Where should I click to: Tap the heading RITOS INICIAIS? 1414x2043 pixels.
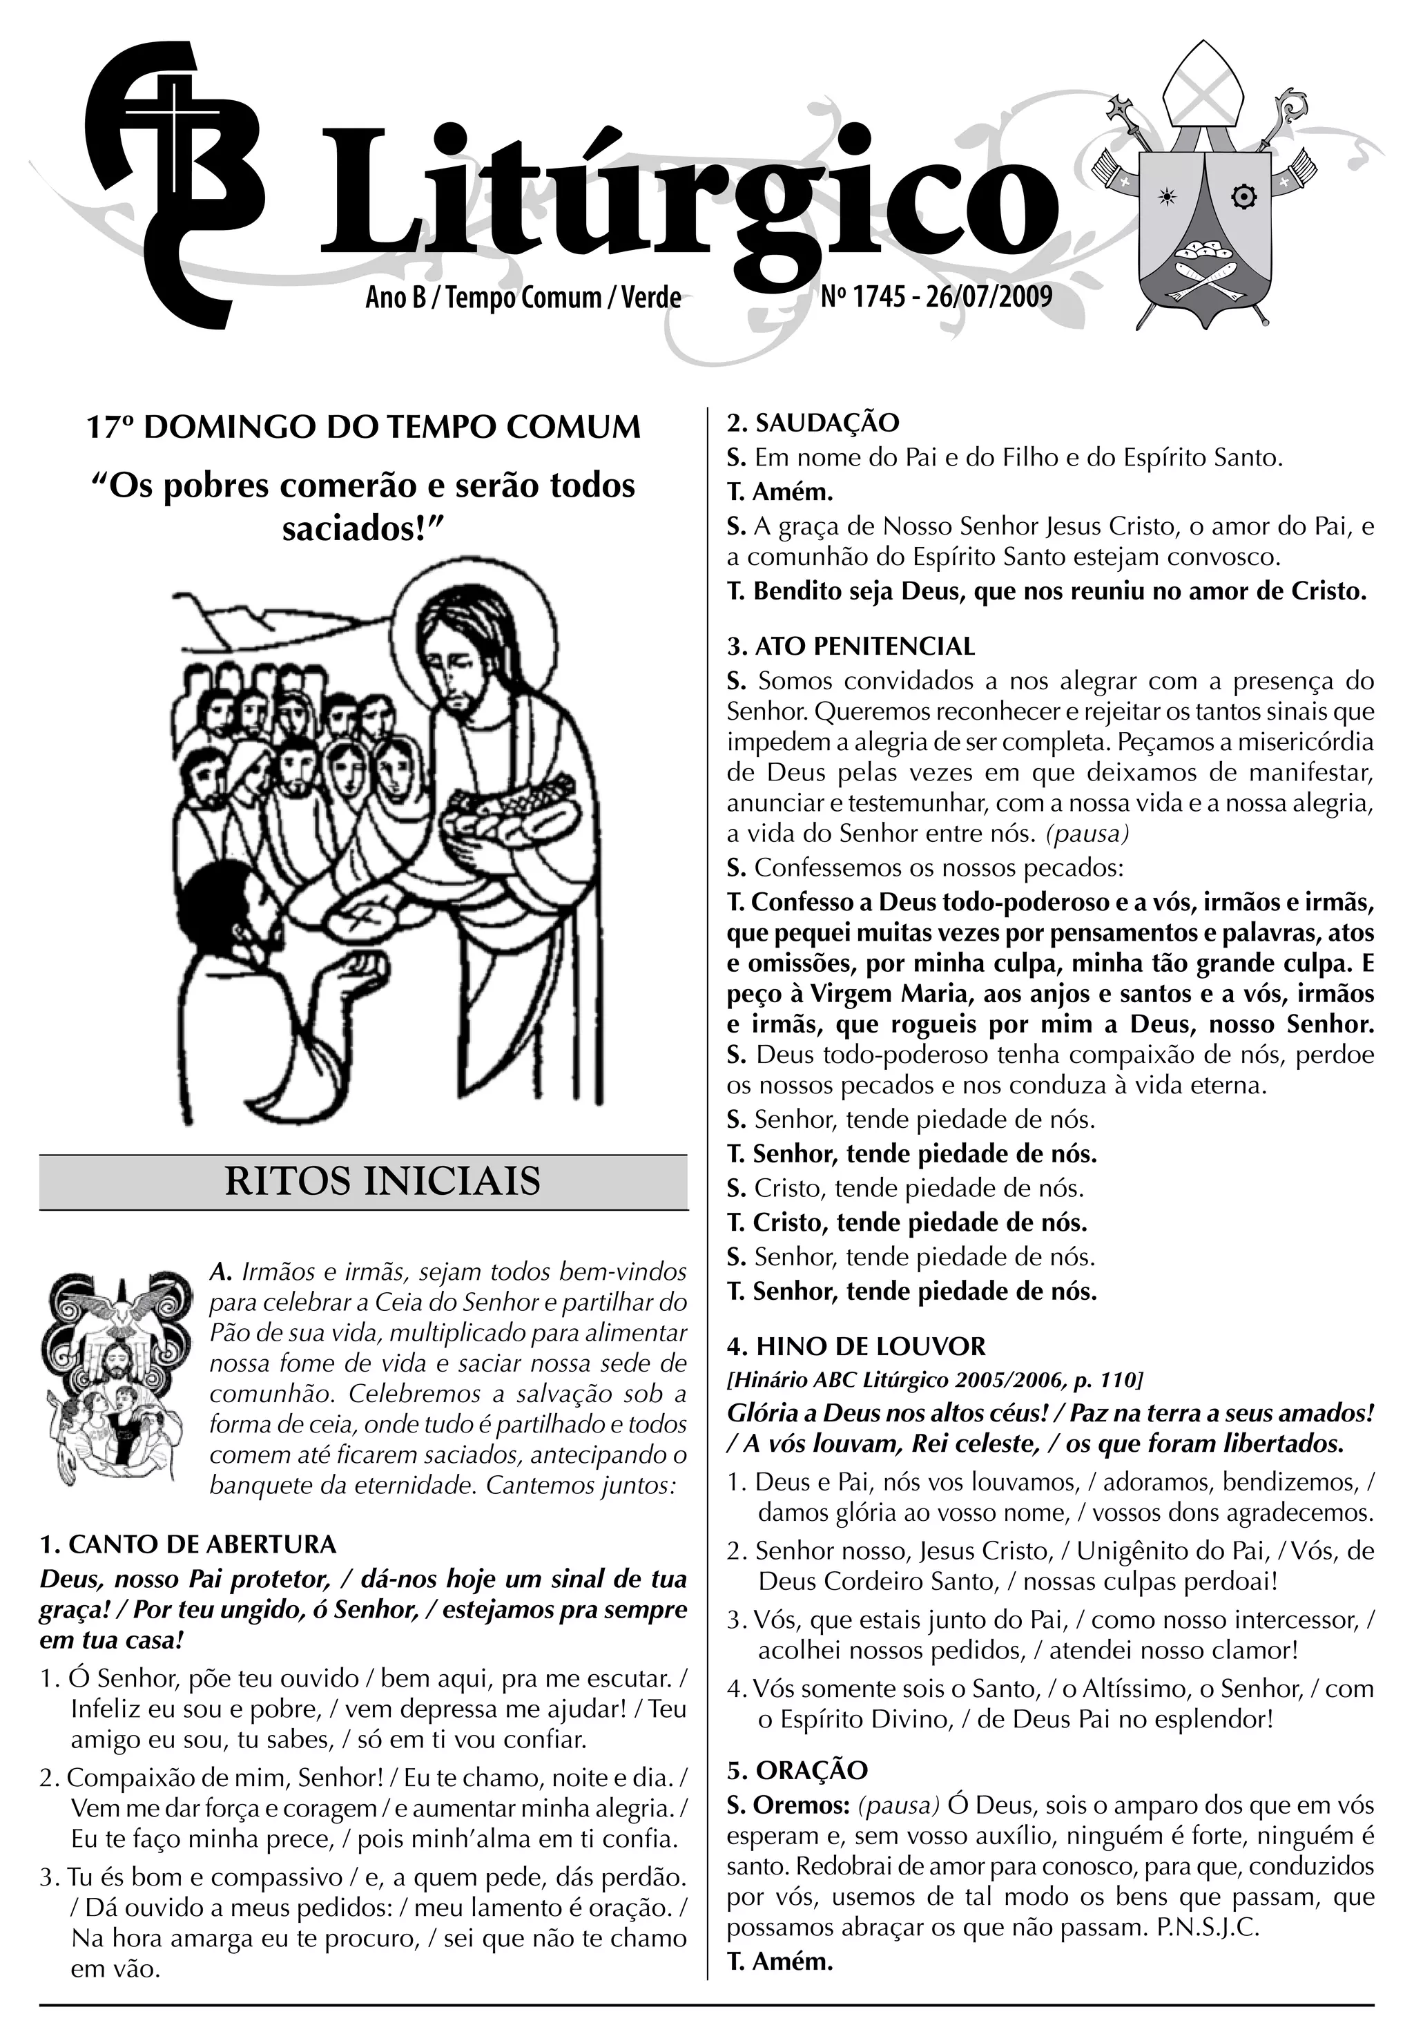tap(382, 1182)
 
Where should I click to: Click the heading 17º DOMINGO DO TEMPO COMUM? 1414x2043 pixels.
tap(363, 428)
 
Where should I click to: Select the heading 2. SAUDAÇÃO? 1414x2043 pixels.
tap(813, 423)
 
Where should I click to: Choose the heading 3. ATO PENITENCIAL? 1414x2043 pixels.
tap(851, 646)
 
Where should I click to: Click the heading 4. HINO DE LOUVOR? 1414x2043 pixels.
tap(856, 1346)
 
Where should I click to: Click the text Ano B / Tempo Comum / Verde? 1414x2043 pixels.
tap(523, 298)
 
